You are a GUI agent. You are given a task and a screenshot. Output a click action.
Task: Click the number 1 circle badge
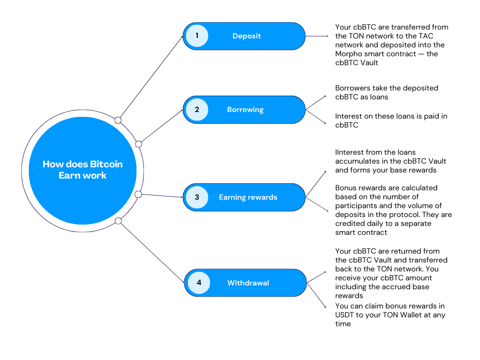point(197,36)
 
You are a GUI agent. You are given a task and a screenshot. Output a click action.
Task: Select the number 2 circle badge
point(197,110)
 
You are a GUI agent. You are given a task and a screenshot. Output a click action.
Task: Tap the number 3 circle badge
point(197,197)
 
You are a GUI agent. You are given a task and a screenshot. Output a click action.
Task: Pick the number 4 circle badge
point(199,283)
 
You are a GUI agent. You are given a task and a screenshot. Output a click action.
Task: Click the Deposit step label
point(247,36)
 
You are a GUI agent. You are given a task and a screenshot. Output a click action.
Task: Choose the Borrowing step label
point(245,110)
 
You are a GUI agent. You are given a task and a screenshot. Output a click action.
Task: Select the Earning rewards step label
point(248,197)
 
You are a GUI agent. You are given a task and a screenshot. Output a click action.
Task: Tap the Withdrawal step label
point(248,283)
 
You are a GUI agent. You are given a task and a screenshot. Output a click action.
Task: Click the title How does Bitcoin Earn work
point(82,170)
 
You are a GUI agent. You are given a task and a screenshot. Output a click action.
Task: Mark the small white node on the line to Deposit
point(118,120)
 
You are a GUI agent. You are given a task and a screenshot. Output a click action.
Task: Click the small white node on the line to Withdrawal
point(118,221)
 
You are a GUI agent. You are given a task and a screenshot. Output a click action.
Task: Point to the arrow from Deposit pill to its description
point(317,36)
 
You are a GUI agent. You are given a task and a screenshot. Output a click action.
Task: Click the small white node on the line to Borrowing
point(138,143)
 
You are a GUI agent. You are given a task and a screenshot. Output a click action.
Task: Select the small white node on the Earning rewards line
point(138,194)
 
